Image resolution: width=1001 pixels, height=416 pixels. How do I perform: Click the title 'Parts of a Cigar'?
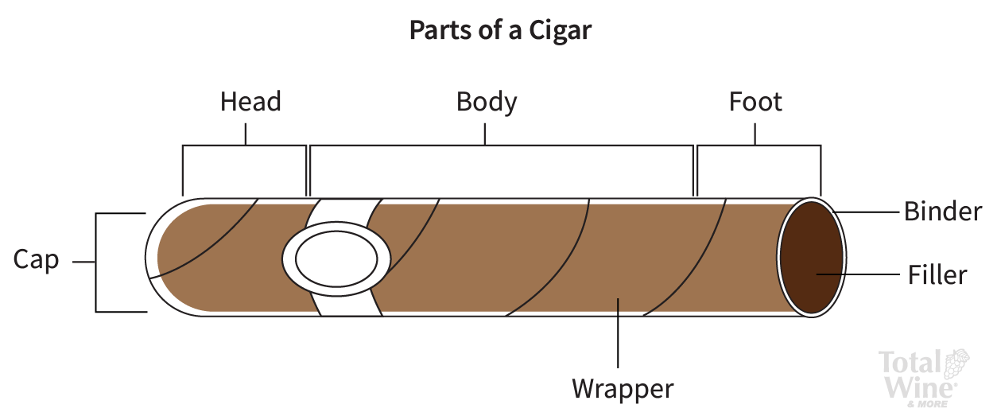coord(500,30)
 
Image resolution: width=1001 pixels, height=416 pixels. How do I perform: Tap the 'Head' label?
coord(250,103)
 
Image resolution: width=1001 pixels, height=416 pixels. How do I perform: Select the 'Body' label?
coord(487,103)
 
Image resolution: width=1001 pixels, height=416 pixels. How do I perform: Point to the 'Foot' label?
coord(755,103)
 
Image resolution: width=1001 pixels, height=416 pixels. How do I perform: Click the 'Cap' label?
coord(36,260)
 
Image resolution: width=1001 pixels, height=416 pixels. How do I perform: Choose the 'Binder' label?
coord(943,212)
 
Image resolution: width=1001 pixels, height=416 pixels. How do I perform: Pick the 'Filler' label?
coord(937,275)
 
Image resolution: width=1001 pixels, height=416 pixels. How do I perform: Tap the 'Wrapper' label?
coord(623,389)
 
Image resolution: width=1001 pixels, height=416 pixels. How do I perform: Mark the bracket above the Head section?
coord(244,146)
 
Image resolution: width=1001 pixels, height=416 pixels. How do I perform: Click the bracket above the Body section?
coord(501,146)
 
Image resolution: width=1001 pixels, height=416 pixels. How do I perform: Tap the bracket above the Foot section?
coord(759,146)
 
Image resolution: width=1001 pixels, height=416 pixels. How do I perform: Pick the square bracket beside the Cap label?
coord(97,262)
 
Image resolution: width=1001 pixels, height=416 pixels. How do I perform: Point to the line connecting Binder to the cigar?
coord(867,212)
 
